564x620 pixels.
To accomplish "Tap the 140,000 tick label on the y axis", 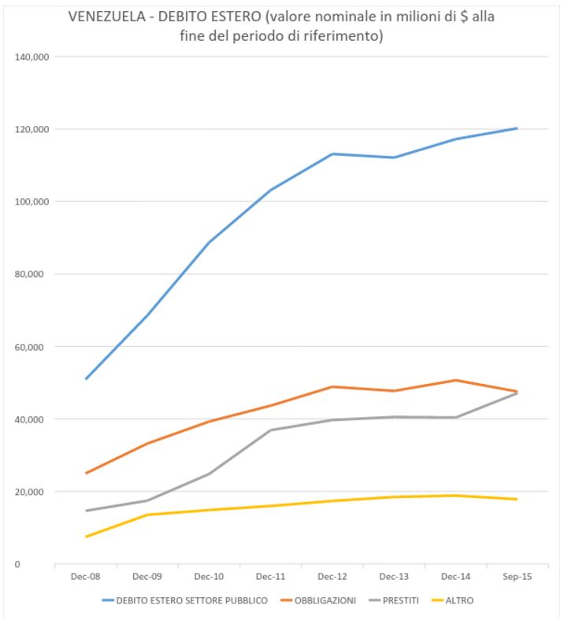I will coord(31,57).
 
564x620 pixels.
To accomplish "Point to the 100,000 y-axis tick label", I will coord(31,201).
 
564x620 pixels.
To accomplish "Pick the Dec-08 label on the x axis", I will coord(85,578).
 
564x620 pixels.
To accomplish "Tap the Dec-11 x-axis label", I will coord(270,578).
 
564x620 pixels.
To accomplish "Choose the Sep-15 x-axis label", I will coord(517,578).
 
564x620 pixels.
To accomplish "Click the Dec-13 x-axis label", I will coord(394,578).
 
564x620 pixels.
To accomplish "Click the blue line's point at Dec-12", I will coord(332,153).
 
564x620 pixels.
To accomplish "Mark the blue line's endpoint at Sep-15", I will coord(517,128).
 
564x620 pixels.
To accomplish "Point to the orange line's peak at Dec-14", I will coord(455,380).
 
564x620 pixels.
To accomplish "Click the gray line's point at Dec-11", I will coord(271,430).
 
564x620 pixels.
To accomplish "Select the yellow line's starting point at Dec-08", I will coord(86,537).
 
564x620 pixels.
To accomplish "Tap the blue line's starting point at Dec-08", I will coord(86,378).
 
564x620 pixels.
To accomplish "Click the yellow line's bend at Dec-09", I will coord(147,515).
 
